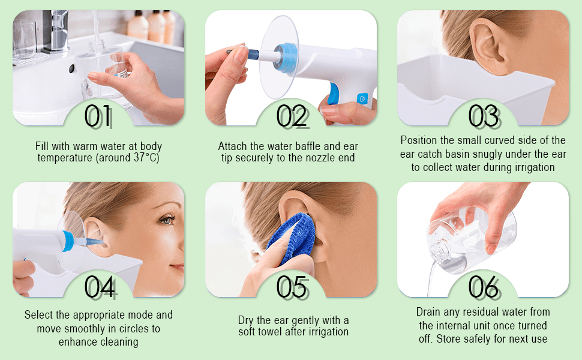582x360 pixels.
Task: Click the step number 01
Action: [98, 116]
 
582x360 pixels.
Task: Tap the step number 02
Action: [292, 116]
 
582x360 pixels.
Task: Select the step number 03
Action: [484, 116]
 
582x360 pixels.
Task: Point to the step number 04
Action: [100, 287]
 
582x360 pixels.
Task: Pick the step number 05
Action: [292, 287]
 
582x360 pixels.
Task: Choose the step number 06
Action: [484, 287]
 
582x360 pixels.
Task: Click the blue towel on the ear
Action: [292, 238]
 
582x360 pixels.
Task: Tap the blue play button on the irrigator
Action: [362, 99]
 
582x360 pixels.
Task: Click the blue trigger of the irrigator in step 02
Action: [334, 93]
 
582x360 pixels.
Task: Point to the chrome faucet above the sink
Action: [55, 31]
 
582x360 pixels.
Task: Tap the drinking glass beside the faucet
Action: [25, 40]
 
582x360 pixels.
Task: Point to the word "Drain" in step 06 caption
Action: [427, 312]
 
